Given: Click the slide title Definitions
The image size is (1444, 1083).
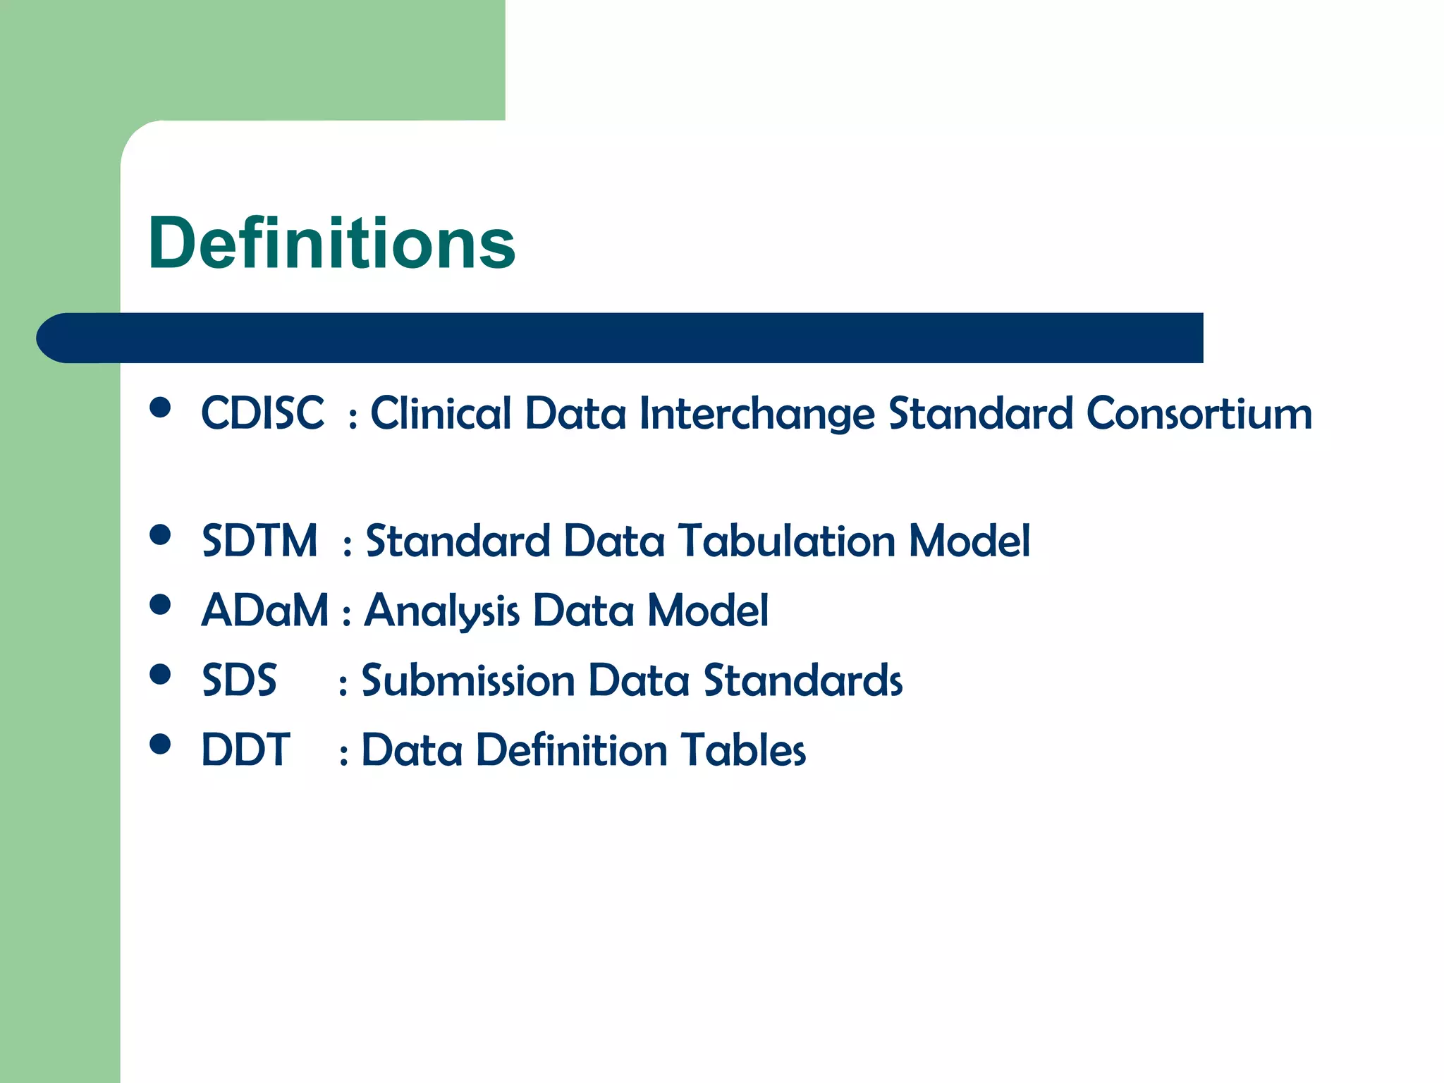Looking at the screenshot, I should click(x=331, y=243).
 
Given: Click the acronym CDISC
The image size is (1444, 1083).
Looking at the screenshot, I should click(x=262, y=413).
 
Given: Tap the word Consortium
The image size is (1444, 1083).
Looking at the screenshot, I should click(x=1199, y=413).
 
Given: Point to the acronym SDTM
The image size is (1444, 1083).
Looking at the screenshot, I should click(x=259, y=541).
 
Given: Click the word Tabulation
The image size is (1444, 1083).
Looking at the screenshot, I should click(x=787, y=541).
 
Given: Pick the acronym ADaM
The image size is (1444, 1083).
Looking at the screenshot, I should click(x=264, y=611).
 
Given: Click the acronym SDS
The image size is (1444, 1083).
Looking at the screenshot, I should click(x=239, y=681).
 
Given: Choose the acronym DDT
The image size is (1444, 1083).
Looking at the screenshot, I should click(x=245, y=750).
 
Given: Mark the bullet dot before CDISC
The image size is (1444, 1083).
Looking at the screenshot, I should click(x=161, y=408).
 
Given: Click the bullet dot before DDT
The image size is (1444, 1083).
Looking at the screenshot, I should click(x=161, y=744).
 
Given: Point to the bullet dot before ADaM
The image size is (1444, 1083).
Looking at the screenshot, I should click(x=161, y=604).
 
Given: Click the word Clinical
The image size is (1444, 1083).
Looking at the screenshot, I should click(x=441, y=413).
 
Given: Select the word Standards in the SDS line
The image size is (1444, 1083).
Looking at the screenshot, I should click(x=803, y=681).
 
